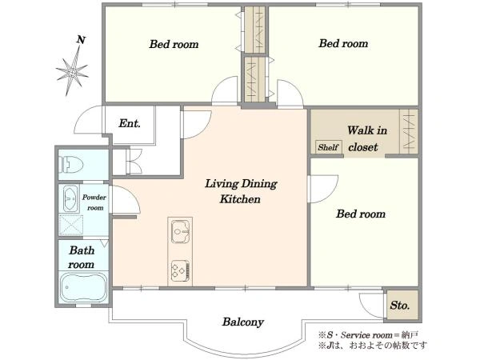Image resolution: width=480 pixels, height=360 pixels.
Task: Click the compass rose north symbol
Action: pyautogui.click(x=73, y=71)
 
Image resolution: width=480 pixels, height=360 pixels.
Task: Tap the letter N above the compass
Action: pyautogui.click(x=81, y=40)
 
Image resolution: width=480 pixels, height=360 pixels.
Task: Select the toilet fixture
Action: pyautogui.click(x=72, y=164)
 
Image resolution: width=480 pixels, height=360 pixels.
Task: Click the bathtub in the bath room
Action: pyautogui.click(x=83, y=287)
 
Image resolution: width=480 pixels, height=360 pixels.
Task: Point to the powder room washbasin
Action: pyautogui.click(x=70, y=199)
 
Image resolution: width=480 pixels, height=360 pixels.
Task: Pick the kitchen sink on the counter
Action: pyautogui.click(x=180, y=230)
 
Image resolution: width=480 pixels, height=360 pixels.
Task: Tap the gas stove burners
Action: pyautogui.click(x=181, y=270)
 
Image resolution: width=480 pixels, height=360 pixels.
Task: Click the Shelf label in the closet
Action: pyautogui.click(x=328, y=147)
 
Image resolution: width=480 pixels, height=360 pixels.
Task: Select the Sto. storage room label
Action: pyautogui.click(x=400, y=306)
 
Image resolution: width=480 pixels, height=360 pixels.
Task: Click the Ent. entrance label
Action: pyautogui.click(x=130, y=123)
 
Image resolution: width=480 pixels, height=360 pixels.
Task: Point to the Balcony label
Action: pyautogui.click(x=243, y=322)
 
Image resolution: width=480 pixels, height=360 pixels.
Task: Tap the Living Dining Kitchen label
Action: pyautogui.click(x=241, y=191)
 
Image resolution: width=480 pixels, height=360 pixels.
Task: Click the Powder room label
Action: pyautogui.click(x=94, y=202)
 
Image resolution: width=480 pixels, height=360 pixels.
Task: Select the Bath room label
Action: pyautogui.click(x=82, y=257)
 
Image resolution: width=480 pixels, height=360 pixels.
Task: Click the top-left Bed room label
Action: pyautogui.click(x=174, y=44)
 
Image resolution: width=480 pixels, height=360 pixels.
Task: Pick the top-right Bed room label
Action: pyautogui.click(x=343, y=43)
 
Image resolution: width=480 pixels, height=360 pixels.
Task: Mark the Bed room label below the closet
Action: pyautogui.click(x=361, y=214)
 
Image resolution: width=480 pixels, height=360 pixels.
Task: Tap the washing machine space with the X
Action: pyautogui.click(x=71, y=226)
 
